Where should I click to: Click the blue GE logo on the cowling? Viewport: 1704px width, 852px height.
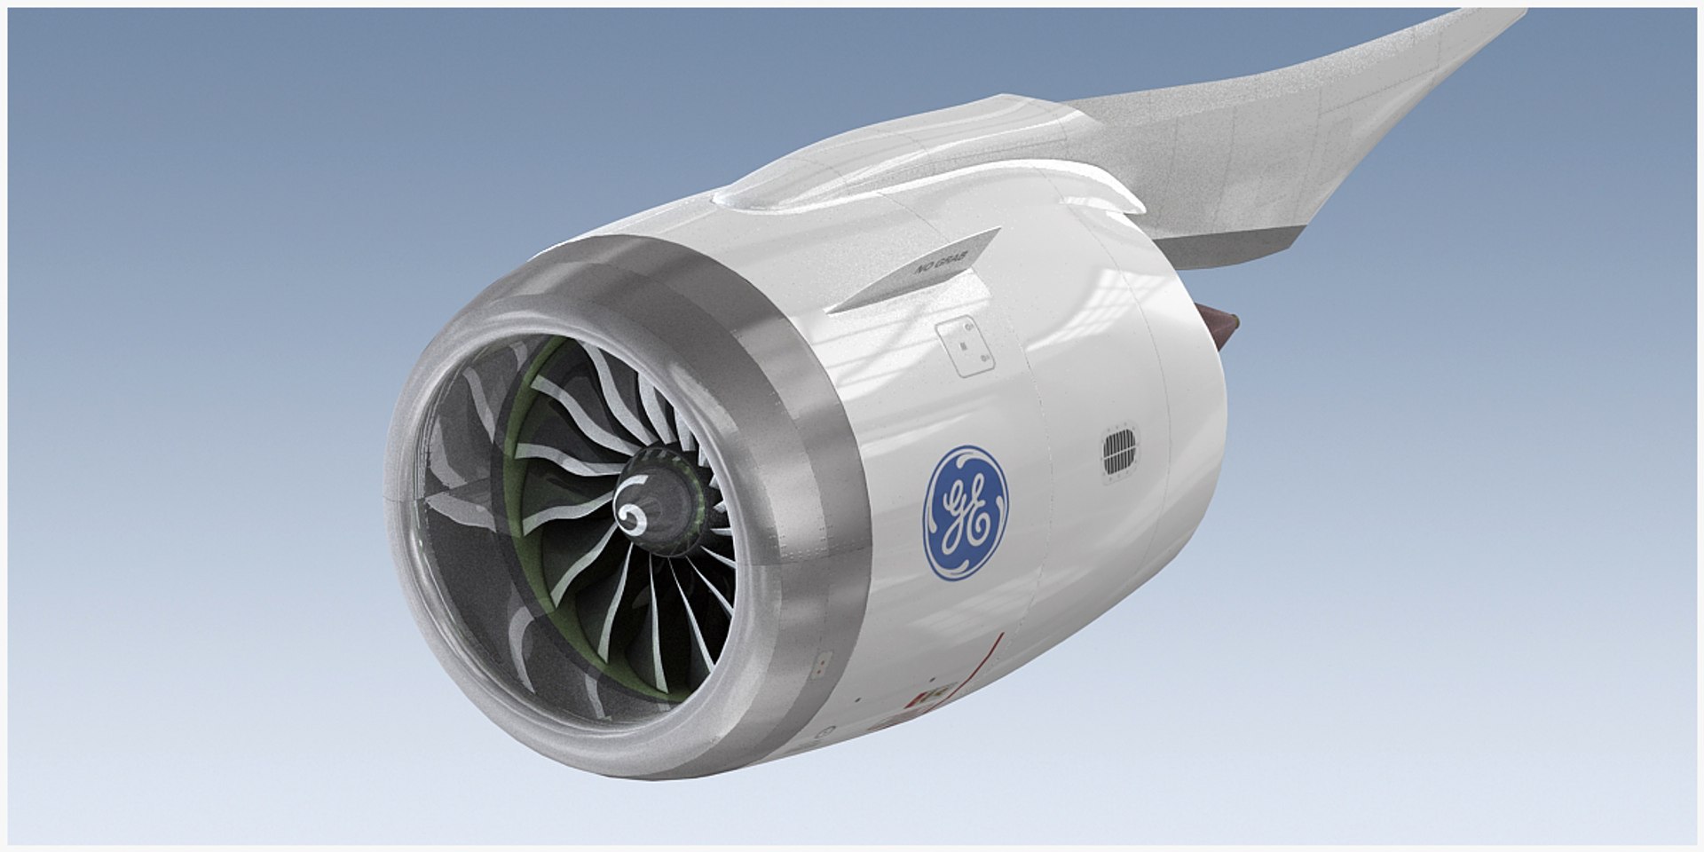click(x=966, y=513)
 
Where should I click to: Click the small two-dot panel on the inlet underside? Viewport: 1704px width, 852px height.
click(x=822, y=661)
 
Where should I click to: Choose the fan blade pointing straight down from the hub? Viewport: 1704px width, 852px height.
click(x=657, y=612)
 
